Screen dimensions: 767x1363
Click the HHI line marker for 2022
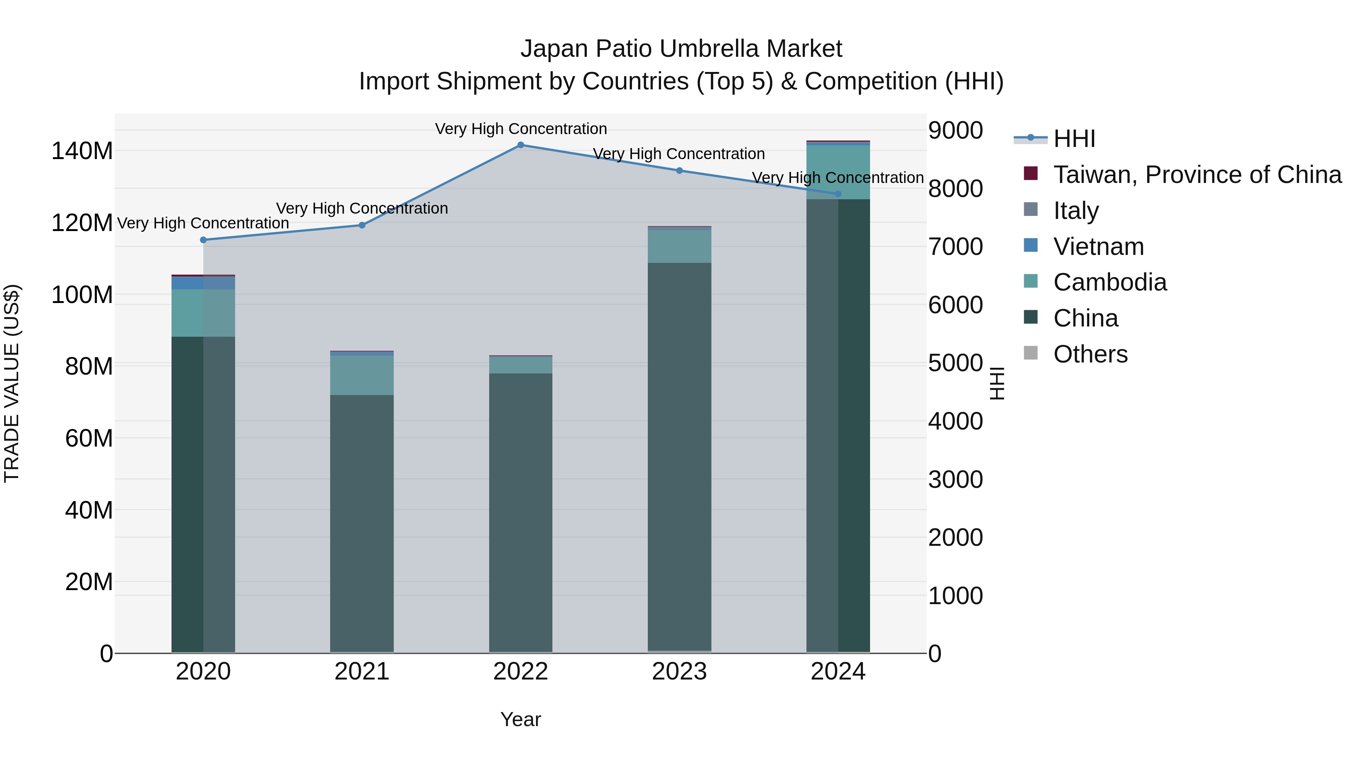(521, 145)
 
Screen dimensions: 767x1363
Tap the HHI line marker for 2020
(203, 240)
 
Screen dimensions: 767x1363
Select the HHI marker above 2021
(362, 225)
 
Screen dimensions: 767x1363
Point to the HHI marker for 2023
(679, 170)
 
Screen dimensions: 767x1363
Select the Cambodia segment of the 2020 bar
(203, 313)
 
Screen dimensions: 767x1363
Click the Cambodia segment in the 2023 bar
(679, 246)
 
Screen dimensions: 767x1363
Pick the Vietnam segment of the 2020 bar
(203, 283)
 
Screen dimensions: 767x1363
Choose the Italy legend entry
(1076, 211)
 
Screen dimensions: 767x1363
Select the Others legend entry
(1090, 354)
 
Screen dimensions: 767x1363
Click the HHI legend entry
(1074, 139)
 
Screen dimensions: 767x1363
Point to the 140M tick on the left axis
(82, 151)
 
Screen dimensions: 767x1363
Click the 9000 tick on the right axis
(956, 130)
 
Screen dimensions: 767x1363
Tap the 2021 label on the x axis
(362, 672)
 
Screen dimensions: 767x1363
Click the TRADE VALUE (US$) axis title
(12, 383)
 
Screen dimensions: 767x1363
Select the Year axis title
(521, 719)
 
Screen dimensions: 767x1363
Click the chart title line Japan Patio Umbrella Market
(681, 49)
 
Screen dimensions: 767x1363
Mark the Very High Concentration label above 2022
(521, 129)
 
